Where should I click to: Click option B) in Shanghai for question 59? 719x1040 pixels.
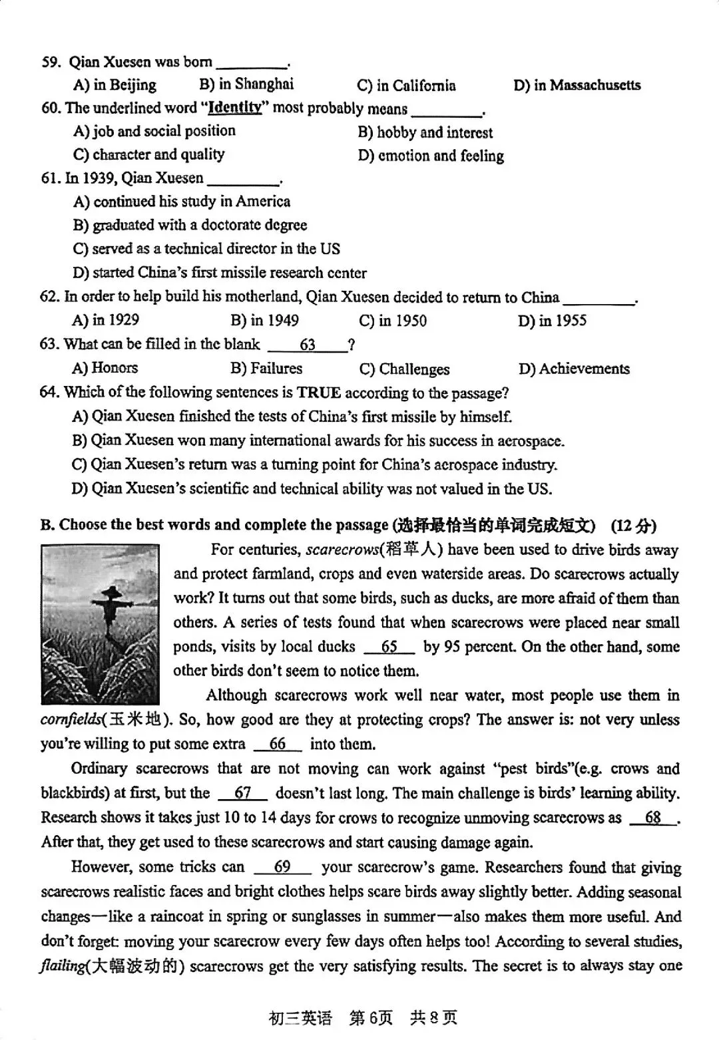click(x=246, y=84)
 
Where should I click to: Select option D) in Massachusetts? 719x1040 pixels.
click(x=577, y=85)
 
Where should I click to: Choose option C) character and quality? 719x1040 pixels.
click(x=149, y=154)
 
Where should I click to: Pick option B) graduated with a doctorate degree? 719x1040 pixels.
click(x=190, y=225)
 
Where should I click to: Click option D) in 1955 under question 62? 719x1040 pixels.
click(x=552, y=321)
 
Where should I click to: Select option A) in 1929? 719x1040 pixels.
click(x=106, y=320)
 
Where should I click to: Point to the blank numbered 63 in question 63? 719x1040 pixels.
click(x=308, y=345)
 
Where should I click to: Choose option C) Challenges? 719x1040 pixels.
click(x=404, y=369)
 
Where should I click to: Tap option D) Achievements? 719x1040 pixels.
click(x=574, y=369)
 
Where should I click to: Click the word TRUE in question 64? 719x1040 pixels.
click(x=319, y=393)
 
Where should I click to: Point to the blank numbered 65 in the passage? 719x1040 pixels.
click(x=389, y=647)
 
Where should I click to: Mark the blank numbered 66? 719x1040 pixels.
click(x=278, y=744)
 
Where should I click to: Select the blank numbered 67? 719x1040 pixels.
click(x=243, y=793)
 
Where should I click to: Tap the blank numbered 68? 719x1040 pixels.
click(x=653, y=818)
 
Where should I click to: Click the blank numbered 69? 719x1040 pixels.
click(x=282, y=867)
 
